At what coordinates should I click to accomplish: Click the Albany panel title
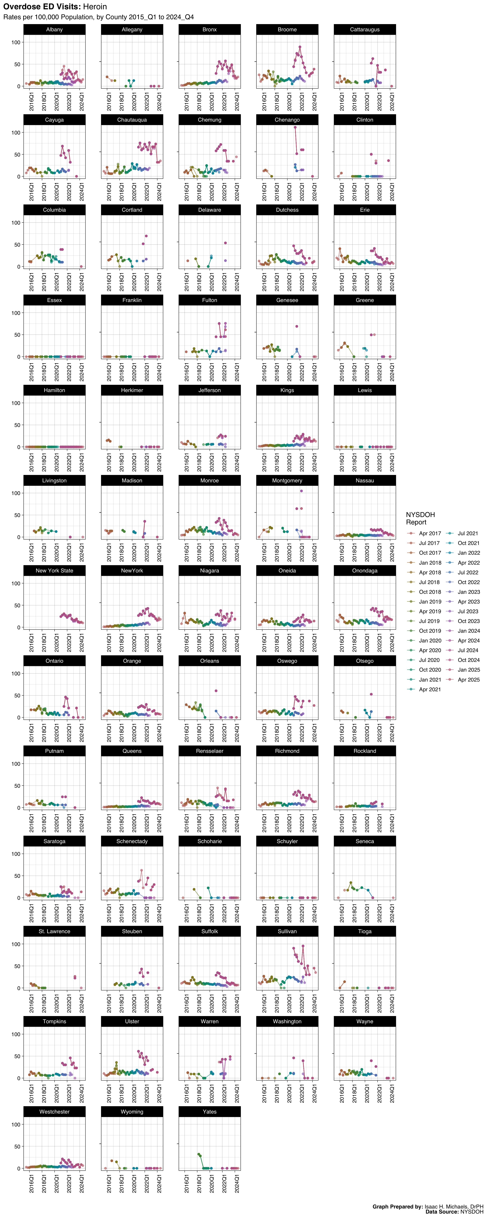54,29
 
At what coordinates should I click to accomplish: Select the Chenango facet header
287,120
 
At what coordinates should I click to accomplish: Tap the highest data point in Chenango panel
295,127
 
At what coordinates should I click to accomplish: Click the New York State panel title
54,571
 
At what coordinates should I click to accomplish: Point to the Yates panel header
209,1112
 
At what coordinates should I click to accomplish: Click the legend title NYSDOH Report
420,518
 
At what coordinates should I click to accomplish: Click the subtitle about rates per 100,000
98,17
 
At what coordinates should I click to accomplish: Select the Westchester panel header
54,1112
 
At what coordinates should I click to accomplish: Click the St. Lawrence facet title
54,931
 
